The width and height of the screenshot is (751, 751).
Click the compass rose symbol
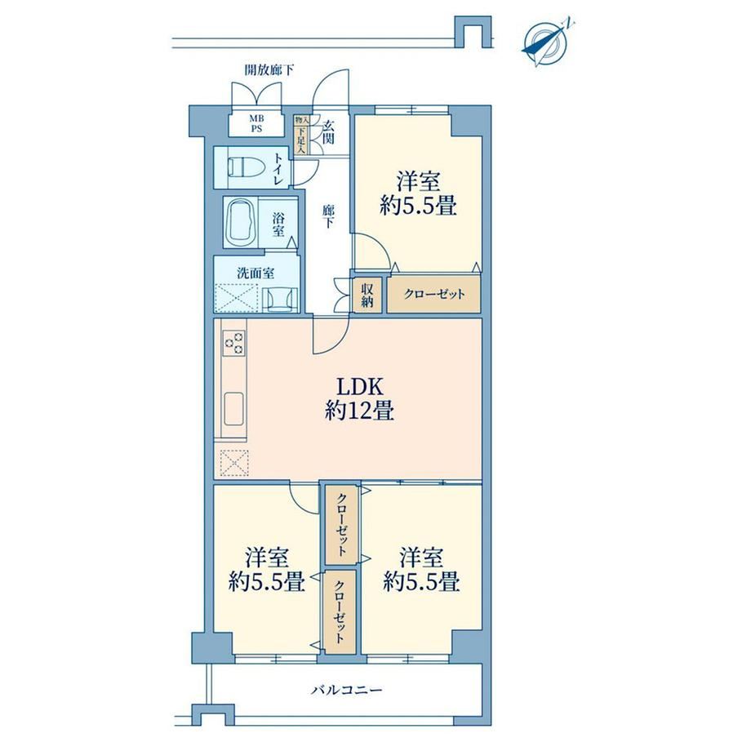click(x=546, y=42)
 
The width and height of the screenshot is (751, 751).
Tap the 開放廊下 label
click(x=269, y=70)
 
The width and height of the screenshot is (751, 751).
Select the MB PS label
click(x=256, y=123)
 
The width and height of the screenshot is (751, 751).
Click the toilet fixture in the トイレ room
click(x=247, y=167)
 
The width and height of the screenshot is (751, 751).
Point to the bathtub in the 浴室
click(x=242, y=222)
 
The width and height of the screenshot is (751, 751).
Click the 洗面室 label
click(x=256, y=273)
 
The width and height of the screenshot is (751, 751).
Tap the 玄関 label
click(x=328, y=131)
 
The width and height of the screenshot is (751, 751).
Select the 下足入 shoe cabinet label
click(x=301, y=140)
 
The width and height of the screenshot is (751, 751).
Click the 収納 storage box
click(x=368, y=295)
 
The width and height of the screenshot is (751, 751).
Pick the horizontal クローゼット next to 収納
click(x=434, y=294)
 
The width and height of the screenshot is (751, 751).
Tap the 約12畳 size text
click(x=360, y=411)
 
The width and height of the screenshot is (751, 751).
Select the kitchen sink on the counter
click(x=233, y=408)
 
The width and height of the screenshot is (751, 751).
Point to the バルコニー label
click(x=347, y=690)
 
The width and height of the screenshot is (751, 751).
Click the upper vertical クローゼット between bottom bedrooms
click(x=341, y=525)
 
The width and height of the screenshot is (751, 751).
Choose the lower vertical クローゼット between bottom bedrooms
click(x=340, y=611)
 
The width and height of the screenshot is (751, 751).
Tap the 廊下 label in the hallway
click(x=328, y=216)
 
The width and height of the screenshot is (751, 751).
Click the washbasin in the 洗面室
click(x=280, y=300)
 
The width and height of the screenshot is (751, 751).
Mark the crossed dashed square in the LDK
click(x=234, y=463)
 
